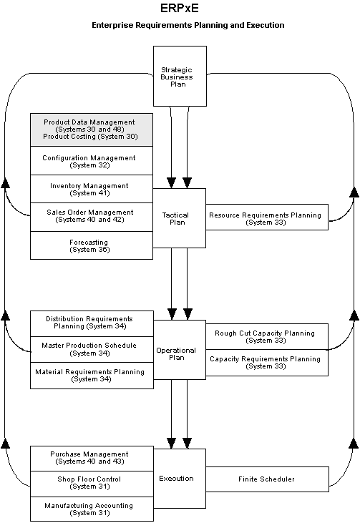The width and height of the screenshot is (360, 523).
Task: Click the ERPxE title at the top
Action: tap(179, 9)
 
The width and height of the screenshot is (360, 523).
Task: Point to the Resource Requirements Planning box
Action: tap(265, 217)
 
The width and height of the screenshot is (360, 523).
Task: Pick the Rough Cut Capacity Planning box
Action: tap(265, 336)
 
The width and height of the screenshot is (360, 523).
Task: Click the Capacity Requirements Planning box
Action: tap(265, 362)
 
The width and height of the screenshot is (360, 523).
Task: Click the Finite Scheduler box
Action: tap(265, 479)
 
